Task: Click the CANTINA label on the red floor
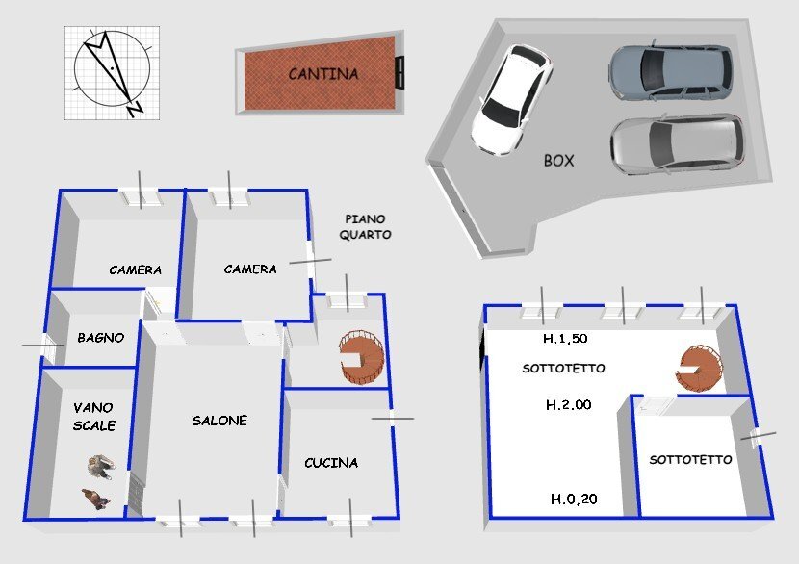click(323, 73)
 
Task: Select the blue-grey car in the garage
click(669, 71)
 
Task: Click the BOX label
click(558, 161)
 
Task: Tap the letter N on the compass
click(135, 109)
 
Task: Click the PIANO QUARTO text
click(365, 226)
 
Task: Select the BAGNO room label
click(100, 338)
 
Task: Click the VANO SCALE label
click(93, 416)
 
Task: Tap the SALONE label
click(219, 421)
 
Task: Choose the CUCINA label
click(331, 463)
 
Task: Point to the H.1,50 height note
click(565, 339)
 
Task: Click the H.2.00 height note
click(568, 405)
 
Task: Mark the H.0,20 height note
click(574, 499)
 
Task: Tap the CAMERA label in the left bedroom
click(135, 270)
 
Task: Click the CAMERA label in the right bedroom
click(250, 269)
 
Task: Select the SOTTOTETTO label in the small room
click(690, 460)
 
